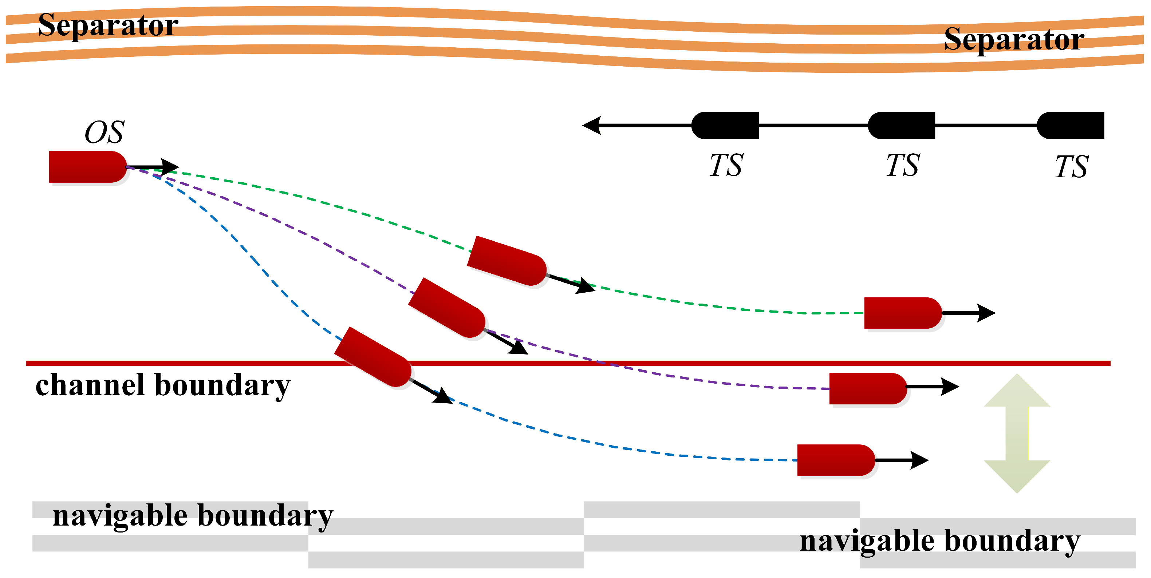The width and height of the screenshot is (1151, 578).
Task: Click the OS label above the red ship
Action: click(x=105, y=132)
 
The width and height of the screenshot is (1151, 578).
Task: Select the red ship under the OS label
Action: click(x=88, y=167)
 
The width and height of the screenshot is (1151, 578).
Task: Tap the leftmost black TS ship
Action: click(x=725, y=126)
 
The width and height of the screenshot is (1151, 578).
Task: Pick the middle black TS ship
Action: click(x=901, y=126)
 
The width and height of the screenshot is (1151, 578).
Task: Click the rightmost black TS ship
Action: click(x=1070, y=126)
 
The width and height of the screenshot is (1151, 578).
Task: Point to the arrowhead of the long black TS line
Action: click(x=592, y=126)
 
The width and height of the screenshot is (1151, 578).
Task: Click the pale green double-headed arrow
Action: click(x=1017, y=433)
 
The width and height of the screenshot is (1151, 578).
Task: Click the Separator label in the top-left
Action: click(x=108, y=25)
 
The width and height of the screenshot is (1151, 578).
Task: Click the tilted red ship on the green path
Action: click(x=507, y=261)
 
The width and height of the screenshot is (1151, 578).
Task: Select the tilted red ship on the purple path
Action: click(x=447, y=308)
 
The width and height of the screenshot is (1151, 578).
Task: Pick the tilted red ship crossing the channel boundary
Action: click(x=373, y=357)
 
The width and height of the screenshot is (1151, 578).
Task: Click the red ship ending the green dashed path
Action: click(x=903, y=313)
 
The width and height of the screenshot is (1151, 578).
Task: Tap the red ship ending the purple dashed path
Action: click(x=868, y=389)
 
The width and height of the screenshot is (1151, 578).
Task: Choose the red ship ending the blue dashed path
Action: click(x=836, y=460)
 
